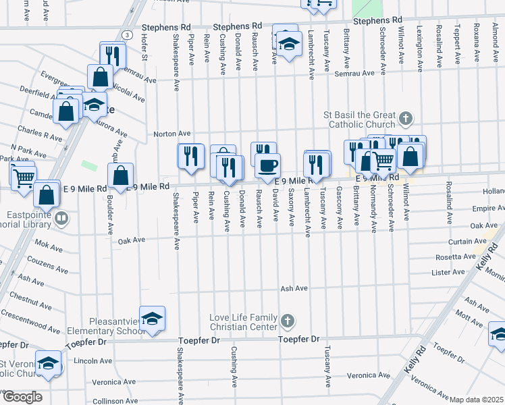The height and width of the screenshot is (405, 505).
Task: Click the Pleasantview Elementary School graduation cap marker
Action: (x=153, y=319)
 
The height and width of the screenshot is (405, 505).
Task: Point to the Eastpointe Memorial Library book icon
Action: (x=61, y=218)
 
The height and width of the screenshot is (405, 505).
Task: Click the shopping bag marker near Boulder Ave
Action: (x=120, y=177)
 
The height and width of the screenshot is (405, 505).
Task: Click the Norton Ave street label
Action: (x=171, y=134)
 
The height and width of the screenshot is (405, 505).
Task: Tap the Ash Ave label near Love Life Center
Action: (x=294, y=288)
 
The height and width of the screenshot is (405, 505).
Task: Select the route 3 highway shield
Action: (x=127, y=34)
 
